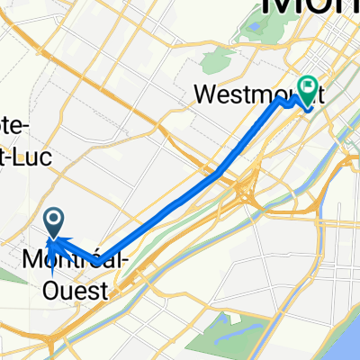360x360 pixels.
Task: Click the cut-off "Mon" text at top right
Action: (310, 11)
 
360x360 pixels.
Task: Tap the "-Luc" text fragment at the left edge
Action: (23, 155)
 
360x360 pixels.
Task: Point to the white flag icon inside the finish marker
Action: (310, 88)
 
